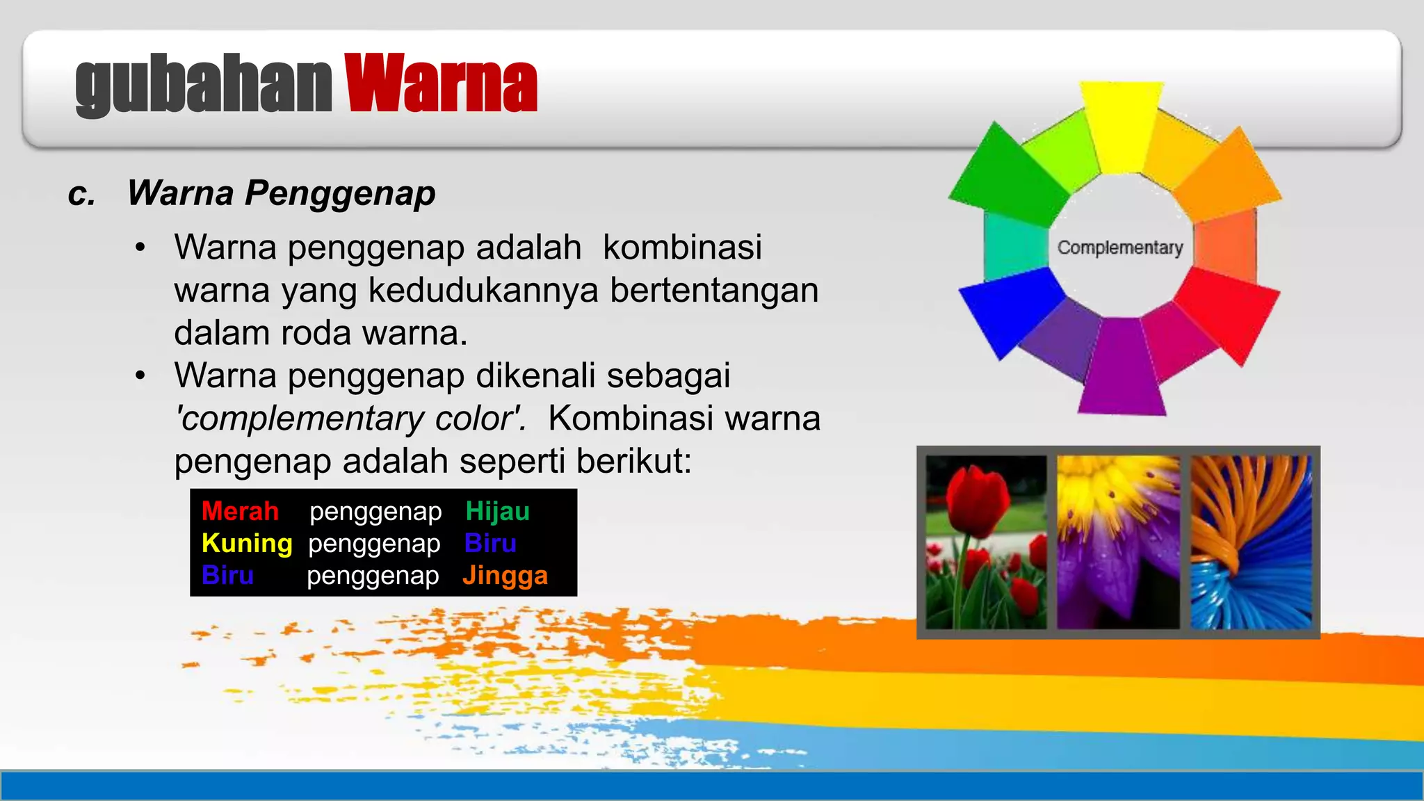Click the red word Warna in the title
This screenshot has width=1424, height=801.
pos(441,84)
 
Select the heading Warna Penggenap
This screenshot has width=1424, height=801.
pos(281,193)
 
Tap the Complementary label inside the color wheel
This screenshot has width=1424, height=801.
pos(1119,248)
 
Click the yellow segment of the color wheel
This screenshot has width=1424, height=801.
pos(1121,125)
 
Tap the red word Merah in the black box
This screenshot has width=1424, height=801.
pos(240,511)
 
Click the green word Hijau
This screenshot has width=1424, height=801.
pos(497,511)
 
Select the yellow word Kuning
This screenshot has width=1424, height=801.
pos(247,543)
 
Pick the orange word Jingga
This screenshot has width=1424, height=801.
pos(505,576)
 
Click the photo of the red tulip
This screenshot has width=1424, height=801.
pos(986,542)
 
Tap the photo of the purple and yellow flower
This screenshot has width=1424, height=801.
pos(1118,542)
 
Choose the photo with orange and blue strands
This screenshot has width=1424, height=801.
pos(1251,542)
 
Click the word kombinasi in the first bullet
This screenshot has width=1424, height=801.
pos(682,248)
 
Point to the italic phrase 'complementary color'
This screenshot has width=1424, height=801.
pos(350,419)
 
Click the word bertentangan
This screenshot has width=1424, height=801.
pos(714,291)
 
